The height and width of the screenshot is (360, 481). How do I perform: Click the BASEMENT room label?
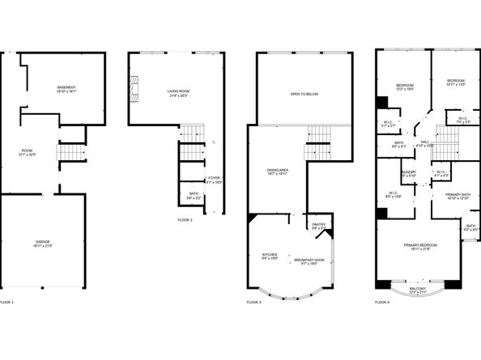66,88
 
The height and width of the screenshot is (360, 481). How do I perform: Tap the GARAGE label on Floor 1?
42,242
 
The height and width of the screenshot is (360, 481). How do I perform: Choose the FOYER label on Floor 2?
214,179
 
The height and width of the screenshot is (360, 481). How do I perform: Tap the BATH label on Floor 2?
193,194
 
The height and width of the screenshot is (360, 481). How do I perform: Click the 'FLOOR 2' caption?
185,220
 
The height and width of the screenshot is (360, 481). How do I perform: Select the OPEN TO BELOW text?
304,94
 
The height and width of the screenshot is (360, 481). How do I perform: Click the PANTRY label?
317,226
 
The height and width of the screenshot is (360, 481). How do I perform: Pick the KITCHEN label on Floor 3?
269,256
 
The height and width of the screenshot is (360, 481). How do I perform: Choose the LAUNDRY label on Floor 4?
409,173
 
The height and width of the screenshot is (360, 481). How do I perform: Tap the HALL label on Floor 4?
425,142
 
